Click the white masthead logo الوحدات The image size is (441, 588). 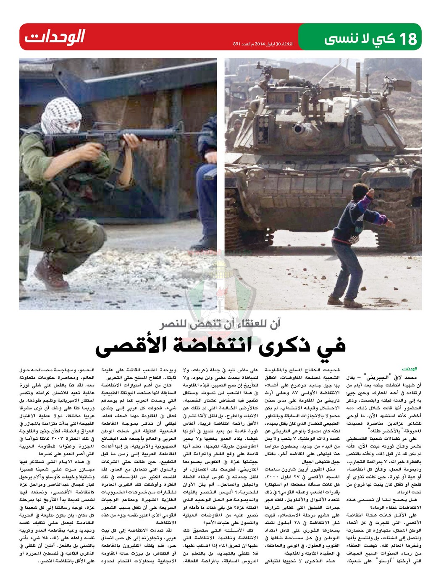click(55, 37)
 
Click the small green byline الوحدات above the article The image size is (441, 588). click(409, 369)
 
